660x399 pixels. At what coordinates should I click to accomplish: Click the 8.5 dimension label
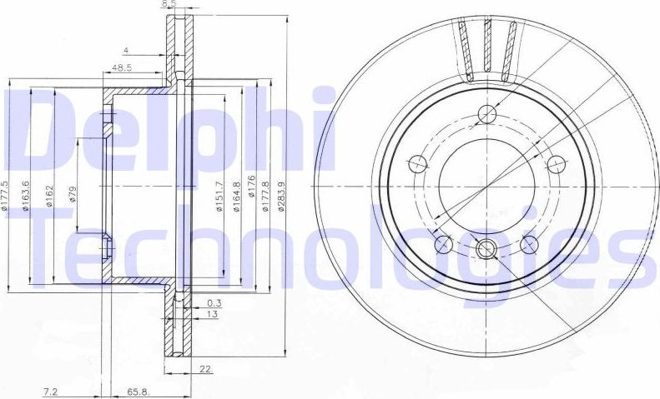[x=169, y=4]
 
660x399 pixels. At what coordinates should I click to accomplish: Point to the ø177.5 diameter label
[x=5, y=196]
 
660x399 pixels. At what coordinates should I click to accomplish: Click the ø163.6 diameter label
[x=28, y=196]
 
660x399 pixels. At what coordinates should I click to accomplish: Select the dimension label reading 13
[x=212, y=315]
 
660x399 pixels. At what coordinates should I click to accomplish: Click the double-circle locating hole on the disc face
[x=486, y=247]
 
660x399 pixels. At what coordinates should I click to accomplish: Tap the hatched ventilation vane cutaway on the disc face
[x=488, y=48]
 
